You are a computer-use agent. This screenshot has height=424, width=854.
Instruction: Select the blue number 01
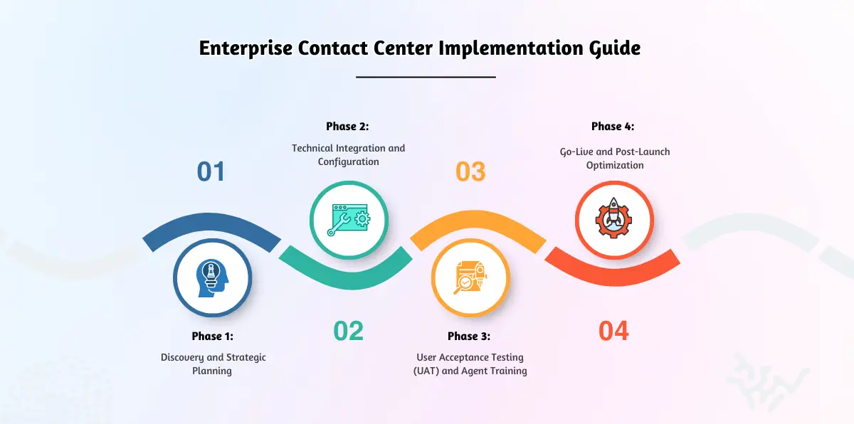click(211, 171)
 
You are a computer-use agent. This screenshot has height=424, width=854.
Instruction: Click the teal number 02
click(349, 331)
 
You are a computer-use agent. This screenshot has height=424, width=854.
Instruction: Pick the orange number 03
click(470, 171)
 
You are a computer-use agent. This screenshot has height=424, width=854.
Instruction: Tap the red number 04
click(613, 331)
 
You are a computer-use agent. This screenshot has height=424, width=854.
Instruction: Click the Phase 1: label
click(212, 336)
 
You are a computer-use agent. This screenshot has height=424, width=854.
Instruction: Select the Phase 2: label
click(347, 127)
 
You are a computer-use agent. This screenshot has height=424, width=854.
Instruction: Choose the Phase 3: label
click(469, 336)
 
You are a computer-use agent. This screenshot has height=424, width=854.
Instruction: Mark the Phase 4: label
click(612, 127)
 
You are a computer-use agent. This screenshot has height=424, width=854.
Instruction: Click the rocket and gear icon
click(613, 219)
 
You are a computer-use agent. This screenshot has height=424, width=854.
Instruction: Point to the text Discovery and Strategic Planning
click(213, 364)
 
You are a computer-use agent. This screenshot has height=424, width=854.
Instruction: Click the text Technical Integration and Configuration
click(348, 154)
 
